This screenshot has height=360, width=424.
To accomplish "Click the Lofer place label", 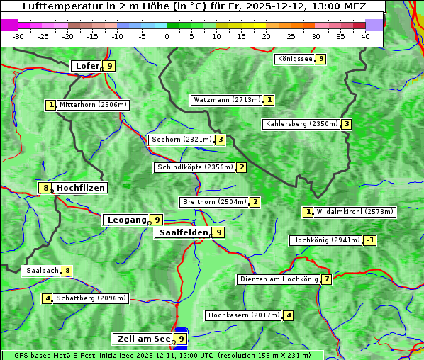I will coord(87,66).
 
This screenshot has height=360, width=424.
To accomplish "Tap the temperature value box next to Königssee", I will coord(320,59).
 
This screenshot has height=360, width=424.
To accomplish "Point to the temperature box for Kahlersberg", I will coord(346,124).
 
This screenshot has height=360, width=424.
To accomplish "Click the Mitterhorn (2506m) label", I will coord(93,105).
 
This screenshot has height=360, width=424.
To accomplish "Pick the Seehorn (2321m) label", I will coord(182,140).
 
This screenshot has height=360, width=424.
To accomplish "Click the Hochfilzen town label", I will coord(80,188).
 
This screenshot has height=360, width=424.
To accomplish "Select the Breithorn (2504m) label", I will coord(214,202).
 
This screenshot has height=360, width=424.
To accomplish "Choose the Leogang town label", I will coord(127,220).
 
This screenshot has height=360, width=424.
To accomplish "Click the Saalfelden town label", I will coord(183,232).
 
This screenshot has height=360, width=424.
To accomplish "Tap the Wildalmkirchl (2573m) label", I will coord(355,212).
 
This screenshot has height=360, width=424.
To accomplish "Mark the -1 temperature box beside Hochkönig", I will coord(370,240).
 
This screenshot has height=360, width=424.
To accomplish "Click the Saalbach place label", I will coord(42,271).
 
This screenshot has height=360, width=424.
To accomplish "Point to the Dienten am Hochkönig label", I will coord(279,279).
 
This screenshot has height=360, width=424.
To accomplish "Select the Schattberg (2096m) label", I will coord(91,298).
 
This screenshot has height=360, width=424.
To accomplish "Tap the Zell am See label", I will coord(143,339).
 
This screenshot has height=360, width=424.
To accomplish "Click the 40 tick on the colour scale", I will coord(365,35).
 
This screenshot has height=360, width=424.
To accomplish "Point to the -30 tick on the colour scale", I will coord(18,35).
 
